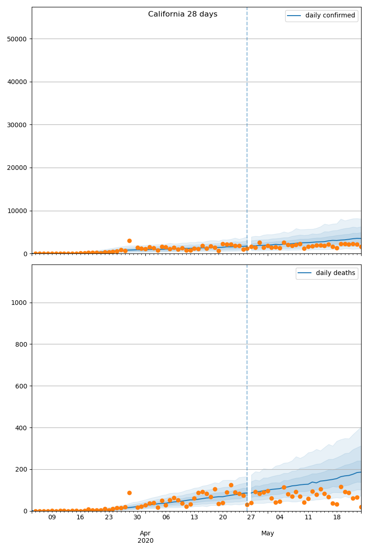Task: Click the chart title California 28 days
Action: click(x=183, y=14)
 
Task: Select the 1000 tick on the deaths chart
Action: click(x=20, y=303)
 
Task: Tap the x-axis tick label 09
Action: click(x=52, y=517)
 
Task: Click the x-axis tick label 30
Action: click(x=137, y=517)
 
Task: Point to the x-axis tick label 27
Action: click(x=251, y=517)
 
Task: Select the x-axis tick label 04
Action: click(x=280, y=517)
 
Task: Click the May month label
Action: click(x=268, y=533)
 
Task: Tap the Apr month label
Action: click(x=145, y=533)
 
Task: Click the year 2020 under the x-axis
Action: click(x=145, y=540)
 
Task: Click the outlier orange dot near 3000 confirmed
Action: click(x=129, y=241)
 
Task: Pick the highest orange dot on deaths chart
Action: click(x=231, y=485)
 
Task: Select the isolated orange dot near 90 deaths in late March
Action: click(x=129, y=493)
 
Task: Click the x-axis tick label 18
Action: click(x=337, y=517)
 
